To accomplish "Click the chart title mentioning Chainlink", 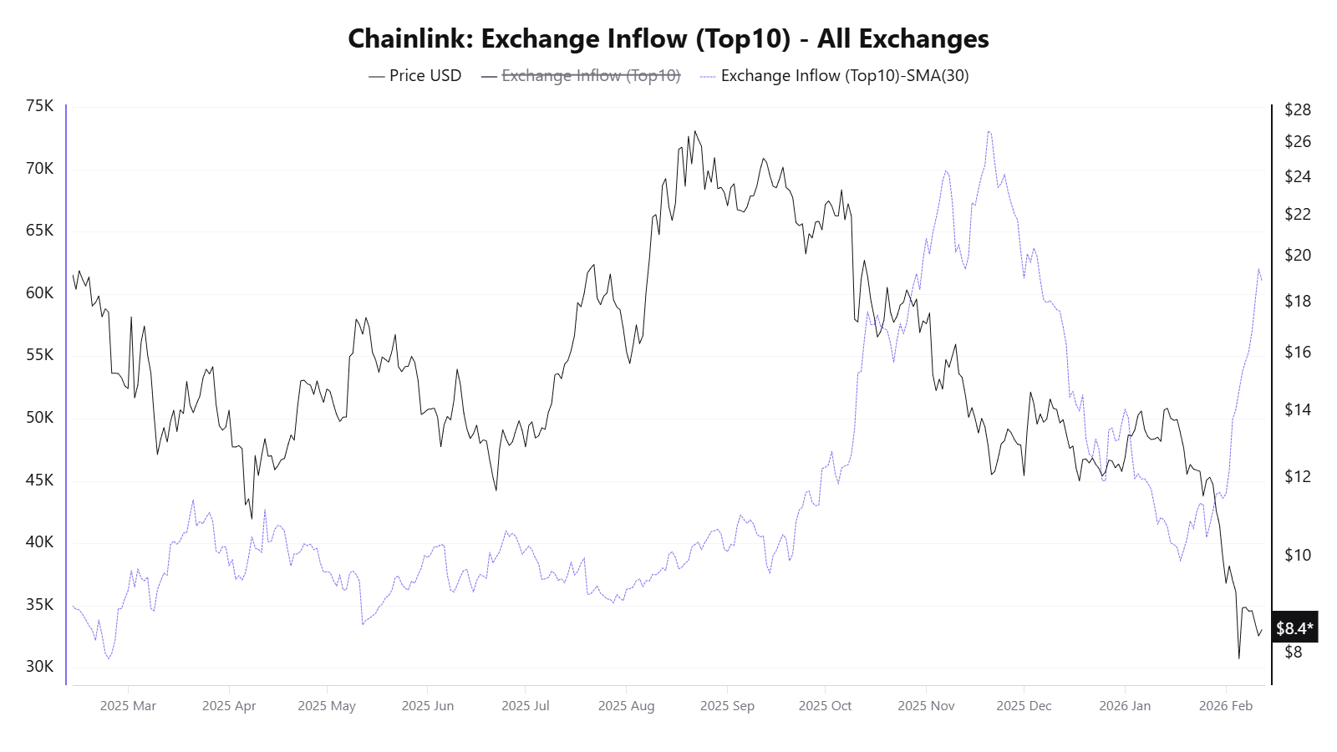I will [668, 38].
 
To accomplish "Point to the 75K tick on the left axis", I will [39, 106].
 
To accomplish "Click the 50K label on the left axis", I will [39, 417].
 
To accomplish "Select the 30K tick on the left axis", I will [39, 666].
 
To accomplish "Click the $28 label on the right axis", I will [1297, 109].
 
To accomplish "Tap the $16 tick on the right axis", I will [1297, 352].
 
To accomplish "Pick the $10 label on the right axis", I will [1297, 555].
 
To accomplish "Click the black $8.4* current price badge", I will [1294, 628].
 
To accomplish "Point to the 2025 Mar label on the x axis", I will [128, 705].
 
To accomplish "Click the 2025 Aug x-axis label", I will [626, 705].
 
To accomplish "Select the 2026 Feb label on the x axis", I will [1225, 705].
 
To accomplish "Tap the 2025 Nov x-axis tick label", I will [926, 705].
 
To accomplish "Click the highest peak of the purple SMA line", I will [989, 131].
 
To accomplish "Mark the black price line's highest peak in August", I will [694, 131].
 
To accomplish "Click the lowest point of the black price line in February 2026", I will [1238, 658].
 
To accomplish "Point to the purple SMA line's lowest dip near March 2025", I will [109, 658].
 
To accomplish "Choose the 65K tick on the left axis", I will [39, 230].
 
